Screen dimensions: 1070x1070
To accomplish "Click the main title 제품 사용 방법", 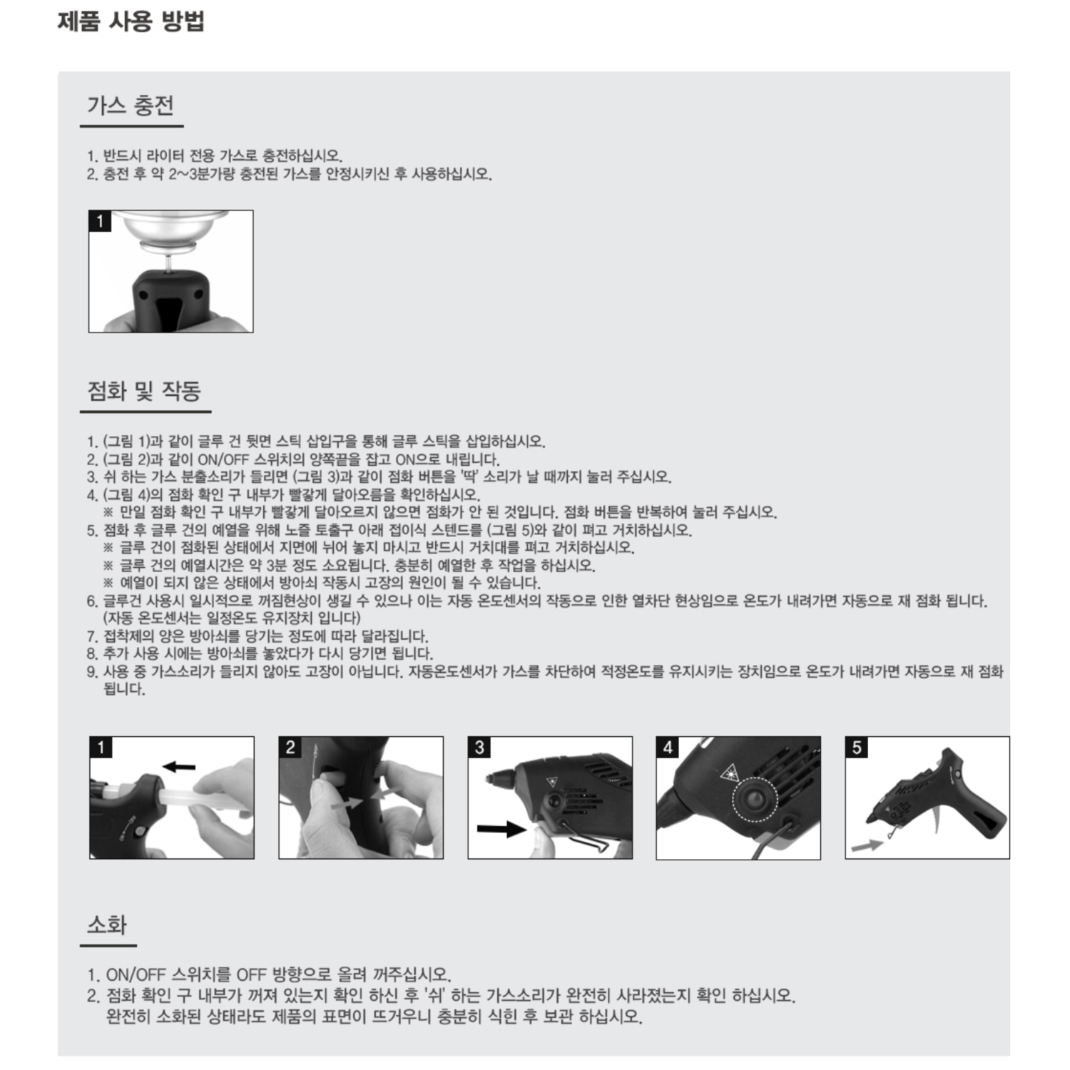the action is pos(131,20).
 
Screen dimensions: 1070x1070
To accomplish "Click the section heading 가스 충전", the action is pos(131,105).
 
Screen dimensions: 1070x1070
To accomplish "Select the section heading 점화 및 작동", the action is pos(144,390).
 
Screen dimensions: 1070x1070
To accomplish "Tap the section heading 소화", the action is pos(107,924).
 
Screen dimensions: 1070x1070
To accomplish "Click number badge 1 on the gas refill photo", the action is pos(100,221).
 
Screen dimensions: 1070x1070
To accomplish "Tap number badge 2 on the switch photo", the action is pos(290,748).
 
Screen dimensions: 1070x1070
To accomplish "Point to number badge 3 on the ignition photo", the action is pos(479,748).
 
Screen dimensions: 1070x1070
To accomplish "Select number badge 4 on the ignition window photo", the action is pos(668,748).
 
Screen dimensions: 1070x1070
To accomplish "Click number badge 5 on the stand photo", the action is pos(857,748).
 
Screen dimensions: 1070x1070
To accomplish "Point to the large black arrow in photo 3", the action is pos(501,829).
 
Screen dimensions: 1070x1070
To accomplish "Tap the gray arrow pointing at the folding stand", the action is pos(867,845).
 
